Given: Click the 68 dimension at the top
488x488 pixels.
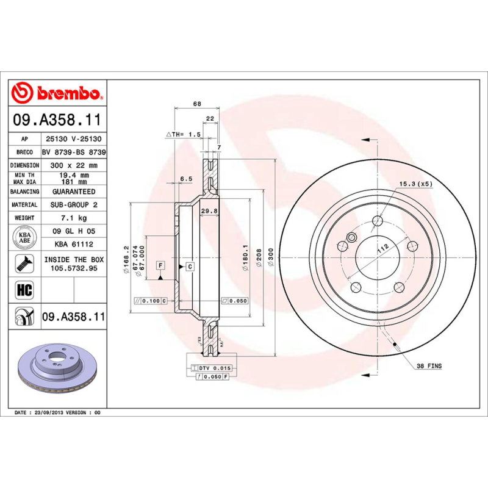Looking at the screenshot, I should (x=196, y=104).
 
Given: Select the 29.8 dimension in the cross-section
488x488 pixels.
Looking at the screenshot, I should (x=209, y=211).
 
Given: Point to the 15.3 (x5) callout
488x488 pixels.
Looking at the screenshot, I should (x=415, y=184).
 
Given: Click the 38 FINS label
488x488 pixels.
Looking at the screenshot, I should (x=429, y=366).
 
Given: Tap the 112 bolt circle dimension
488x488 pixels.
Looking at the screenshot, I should (x=382, y=248).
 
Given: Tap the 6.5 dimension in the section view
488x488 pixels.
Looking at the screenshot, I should (x=186, y=179).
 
